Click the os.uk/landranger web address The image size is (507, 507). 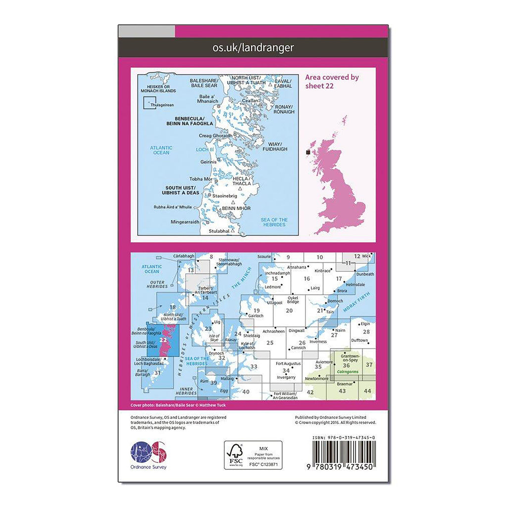point(253,48)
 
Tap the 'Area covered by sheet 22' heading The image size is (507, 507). point(332,81)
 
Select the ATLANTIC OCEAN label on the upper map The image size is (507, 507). point(161,150)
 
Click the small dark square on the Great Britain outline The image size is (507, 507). point(309,152)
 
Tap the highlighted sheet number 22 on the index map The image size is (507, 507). point(163,340)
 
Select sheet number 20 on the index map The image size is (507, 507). point(289,310)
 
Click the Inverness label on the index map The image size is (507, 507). point(319,342)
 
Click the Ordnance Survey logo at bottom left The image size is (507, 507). point(149,456)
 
